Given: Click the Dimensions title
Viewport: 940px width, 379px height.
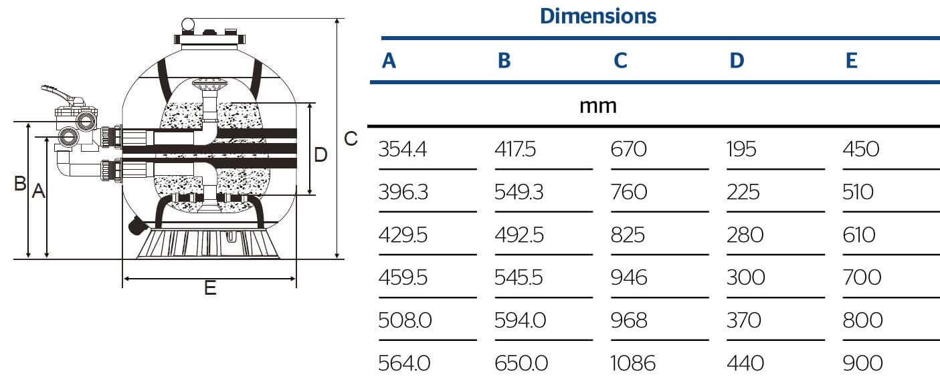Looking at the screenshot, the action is point(598,16).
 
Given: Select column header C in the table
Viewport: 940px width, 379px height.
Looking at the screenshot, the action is point(620,60).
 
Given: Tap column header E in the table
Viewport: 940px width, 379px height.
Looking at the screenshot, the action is point(852,60).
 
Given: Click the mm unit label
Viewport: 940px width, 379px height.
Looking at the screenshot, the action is point(598,106).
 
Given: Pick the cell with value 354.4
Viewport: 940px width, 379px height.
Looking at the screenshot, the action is point(403,149).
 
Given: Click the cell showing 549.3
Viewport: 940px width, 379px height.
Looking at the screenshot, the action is point(519,192).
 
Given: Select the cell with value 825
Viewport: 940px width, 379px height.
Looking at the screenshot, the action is point(628,235).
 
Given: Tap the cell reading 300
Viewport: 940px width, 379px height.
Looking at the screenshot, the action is point(746,277).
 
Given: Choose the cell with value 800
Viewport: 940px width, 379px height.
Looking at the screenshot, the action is point(863,320).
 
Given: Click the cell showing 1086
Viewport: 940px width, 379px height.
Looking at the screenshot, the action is point(633,363).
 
